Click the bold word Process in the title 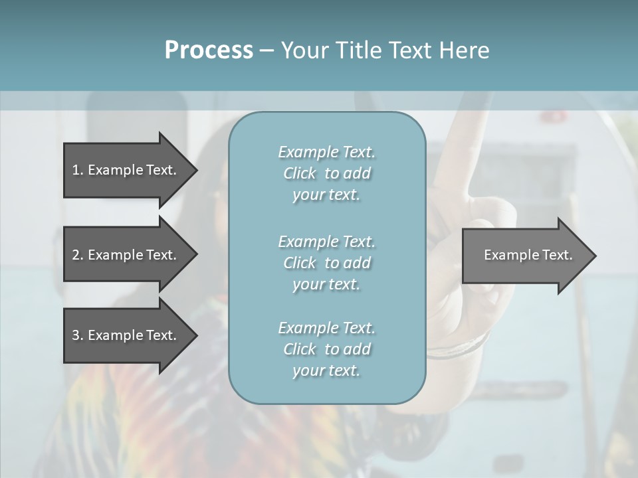pos(209,50)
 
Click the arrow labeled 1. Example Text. pos(126,170)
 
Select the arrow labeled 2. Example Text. pos(126,255)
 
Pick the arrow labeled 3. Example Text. pos(126,335)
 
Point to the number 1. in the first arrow pos(78,170)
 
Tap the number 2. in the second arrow pos(78,255)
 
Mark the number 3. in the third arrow pos(78,335)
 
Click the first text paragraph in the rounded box pos(326,173)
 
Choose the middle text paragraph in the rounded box pos(326,263)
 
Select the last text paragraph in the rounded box pos(326,349)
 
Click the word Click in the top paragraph pos(300,173)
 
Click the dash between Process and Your pos(267,50)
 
